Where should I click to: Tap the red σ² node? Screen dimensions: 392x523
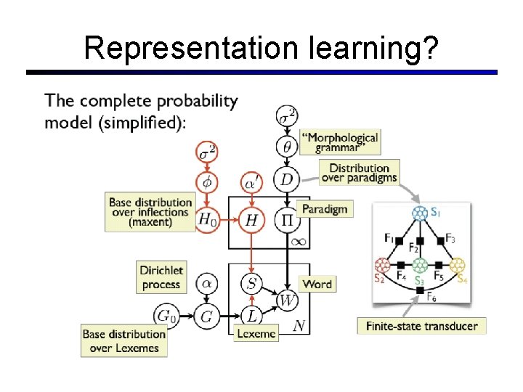pos(207,152)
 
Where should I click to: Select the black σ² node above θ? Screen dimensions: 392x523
pos(287,115)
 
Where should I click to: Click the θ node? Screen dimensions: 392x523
pos(287,147)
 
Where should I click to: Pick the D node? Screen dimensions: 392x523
pos(287,179)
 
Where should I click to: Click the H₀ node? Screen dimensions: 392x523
pos(207,216)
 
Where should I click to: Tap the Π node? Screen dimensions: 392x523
pos(287,216)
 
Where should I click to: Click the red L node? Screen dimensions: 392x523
pos(251,316)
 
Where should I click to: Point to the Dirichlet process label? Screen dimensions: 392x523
pos(161,277)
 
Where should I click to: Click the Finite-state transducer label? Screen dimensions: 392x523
pos(421,326)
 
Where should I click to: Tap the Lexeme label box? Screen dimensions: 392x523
pos(255,333)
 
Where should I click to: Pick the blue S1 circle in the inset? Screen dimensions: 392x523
pos(420,213)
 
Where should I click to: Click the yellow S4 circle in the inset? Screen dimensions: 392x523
pos(457,265)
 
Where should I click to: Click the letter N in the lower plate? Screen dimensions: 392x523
pos(298,326)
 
